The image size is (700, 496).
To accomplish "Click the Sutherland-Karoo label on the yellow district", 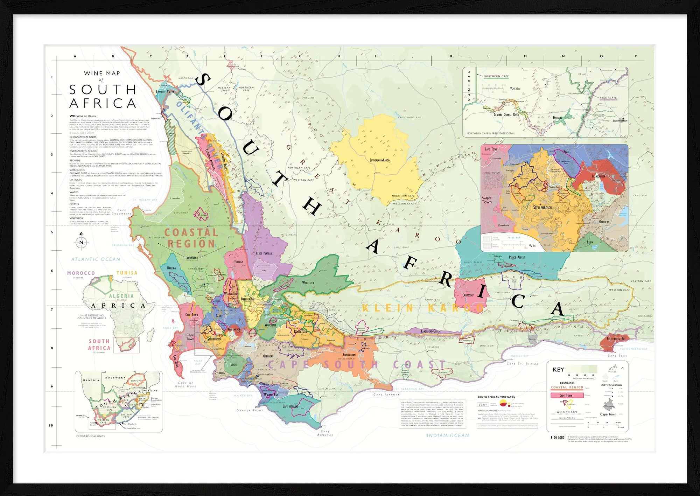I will point(379,160).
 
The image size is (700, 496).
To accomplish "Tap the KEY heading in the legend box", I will point(558,370).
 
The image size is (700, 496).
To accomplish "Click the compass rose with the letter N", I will point(81,242).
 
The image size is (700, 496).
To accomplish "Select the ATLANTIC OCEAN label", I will point(96,259).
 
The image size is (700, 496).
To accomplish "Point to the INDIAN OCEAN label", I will point(448,435).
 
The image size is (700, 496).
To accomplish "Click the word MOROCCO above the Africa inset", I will point(81,273).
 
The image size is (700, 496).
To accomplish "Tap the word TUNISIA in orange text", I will point(127,273).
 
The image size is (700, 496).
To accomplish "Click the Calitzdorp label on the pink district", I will point(468,295).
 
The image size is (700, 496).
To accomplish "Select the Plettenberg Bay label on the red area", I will point(616,339).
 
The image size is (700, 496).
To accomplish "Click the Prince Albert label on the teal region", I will point(517,257).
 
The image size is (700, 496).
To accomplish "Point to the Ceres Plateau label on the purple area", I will point(264,253).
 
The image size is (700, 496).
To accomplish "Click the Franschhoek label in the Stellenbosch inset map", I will point(598,176).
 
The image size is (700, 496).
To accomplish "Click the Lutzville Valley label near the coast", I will point(165,92).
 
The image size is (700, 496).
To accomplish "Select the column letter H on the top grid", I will point(338,56).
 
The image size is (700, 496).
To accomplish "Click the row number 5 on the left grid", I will point(52,232).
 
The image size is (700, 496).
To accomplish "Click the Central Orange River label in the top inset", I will point(506,114).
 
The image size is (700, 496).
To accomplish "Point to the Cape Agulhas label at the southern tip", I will point(290,406).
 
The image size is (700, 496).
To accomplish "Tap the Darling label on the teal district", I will point(171,268).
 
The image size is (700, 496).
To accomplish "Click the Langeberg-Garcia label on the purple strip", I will point(430,331).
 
